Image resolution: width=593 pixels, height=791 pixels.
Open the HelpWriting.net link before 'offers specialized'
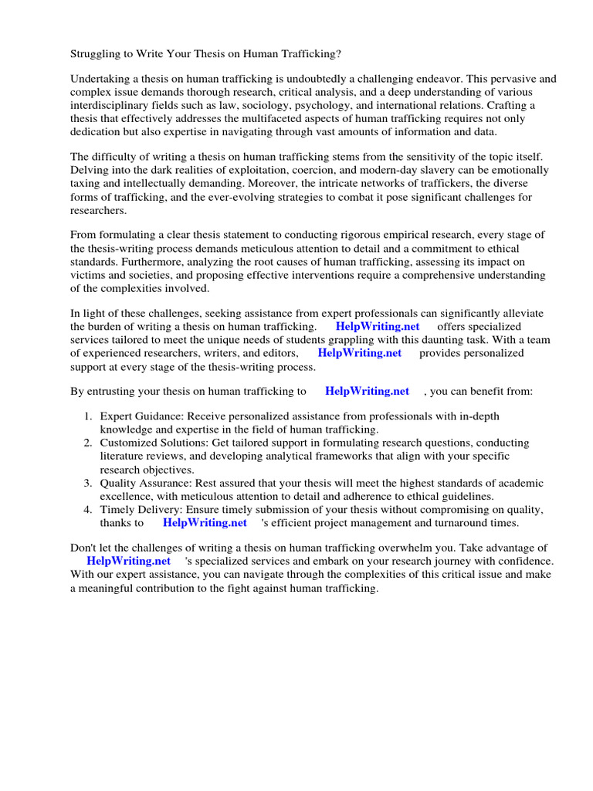pyautogui.click(x=378, y=326)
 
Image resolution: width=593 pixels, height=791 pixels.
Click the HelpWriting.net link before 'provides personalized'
pyautogui.click(x=360, y=352)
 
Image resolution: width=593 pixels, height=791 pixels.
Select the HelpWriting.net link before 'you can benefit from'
pyautogui.click(x=367, y=391)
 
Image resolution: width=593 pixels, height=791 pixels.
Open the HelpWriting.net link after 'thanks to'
pyautogui.click(x=205, y=522)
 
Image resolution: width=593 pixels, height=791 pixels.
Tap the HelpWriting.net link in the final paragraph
pyautogui.click(x=128, y=561)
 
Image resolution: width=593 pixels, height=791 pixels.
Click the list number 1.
pyautogui.click(x=89, y=416)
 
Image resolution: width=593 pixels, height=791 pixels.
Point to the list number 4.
pyautogui.click(x=89, y=509)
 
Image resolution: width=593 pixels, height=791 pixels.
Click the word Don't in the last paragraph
pyautogui.click(x=84, y=548)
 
